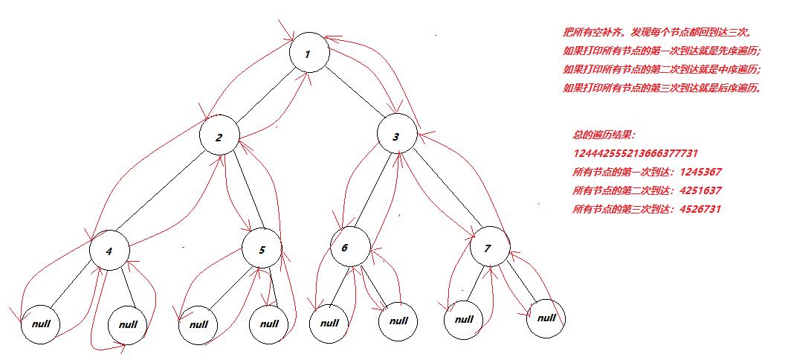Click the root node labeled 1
tap(309, 54)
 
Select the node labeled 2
tap(219, 137)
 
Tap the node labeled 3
tap(396, 137)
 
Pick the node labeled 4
tap(109, 251)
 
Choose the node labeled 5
tap(262, 250)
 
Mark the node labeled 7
tap(488, 249)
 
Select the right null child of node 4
tap(128, 325)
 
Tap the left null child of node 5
tap(198, 324)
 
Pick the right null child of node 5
tap(269, 324)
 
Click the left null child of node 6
tap(328, 324)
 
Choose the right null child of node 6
tap(398, 321)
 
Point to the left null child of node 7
tap(464, 319)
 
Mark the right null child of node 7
tap(546, 318)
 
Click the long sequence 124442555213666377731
tap(635, 153)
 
